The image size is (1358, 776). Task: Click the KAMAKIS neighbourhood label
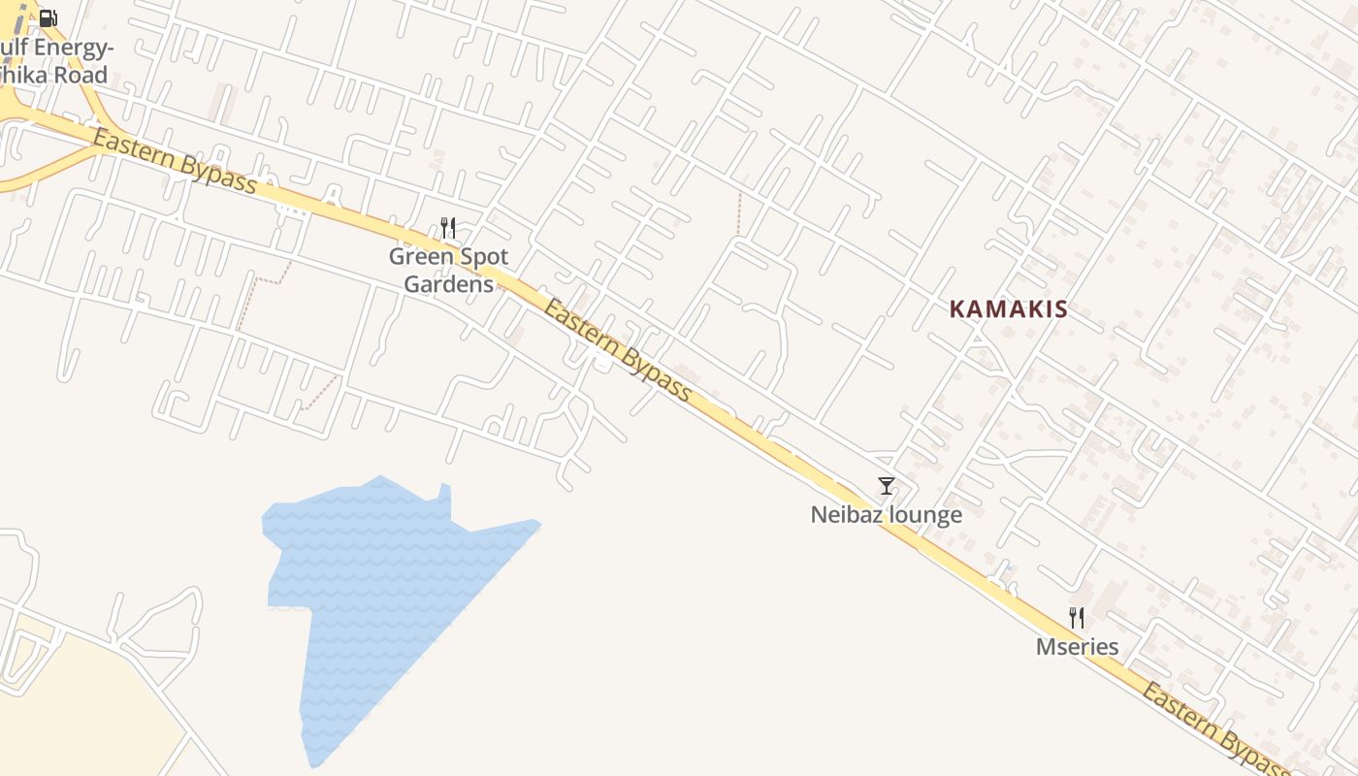click(x=1008, y=309)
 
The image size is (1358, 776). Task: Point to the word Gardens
click(x=448, y=284)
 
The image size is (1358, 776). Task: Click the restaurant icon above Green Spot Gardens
click(x=448, y=229)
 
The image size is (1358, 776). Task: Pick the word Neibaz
click(x=847, y=515)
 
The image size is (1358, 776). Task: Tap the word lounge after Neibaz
click(x=924, y=515)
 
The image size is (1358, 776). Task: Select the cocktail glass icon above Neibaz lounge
click(x=886, y=486)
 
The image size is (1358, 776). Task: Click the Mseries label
click(x=1077, y=647)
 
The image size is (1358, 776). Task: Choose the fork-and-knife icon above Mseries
click(x=1077, y=618)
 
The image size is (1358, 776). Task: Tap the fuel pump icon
click(x=48, y=17)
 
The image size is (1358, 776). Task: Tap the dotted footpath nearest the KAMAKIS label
click(x=739, y=213)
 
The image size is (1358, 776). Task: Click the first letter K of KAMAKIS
click(x=956, y=309)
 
